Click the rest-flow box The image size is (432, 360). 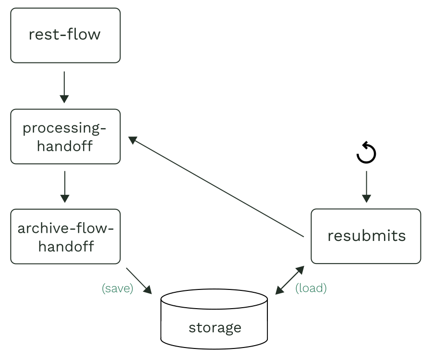click(65, 35)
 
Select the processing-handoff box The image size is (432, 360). click(65, 136)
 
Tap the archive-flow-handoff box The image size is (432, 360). click(65, 236)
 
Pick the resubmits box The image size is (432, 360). click(366, 236)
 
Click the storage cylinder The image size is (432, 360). click(214, 319)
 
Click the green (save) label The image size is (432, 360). click(117, 288)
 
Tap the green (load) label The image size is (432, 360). click(311, 288)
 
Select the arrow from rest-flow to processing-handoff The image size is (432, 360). click(64, 87)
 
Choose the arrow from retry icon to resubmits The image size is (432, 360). click(366, 186)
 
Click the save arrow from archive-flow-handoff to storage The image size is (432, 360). click(139, 281)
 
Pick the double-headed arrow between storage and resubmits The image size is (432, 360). click(290, 280)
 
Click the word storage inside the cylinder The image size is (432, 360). click(215, 328)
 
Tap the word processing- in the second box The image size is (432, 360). click(64, 128)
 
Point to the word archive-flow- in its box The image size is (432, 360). click(66, 228)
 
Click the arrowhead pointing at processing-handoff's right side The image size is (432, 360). click(132, 140)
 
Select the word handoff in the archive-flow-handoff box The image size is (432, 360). click(66, 246)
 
